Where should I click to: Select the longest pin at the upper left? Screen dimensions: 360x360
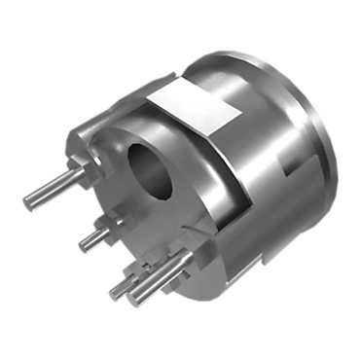coord(53,191)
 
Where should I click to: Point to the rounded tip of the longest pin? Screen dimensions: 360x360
coord(28,202)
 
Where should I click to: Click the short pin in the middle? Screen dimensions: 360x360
coord(96,234)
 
